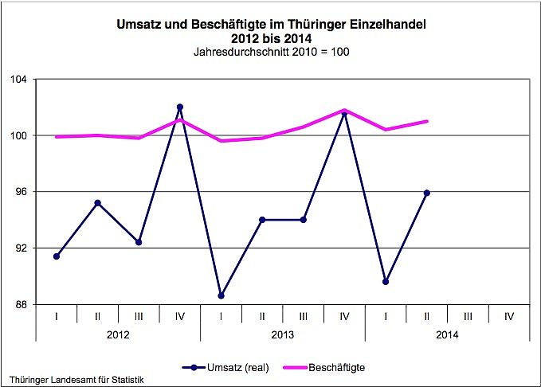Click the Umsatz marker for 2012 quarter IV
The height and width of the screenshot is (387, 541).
point(180,107)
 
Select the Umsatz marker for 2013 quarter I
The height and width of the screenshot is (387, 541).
point(221,295)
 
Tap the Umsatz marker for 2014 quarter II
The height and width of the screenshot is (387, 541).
point(427,193)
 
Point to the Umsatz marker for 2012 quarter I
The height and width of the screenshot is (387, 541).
point(57,256)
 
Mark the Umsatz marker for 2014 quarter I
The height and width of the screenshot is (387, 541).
point(386,282)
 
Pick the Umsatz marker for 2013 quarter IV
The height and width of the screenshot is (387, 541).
point(344,113)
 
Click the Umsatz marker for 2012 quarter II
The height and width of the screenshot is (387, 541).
point(98,203)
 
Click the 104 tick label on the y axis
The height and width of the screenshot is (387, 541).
point(19,80)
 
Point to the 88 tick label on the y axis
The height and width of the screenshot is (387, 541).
point(22,305)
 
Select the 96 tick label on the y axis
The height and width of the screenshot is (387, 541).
point(22,192)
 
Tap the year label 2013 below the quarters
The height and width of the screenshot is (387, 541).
point(283,334)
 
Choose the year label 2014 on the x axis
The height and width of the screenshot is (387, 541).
point(448,334)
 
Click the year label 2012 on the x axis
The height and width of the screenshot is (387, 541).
point(118,334)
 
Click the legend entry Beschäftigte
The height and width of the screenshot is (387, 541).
point(335,367)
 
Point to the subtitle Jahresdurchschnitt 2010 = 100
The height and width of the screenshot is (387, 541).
point(272,53)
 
